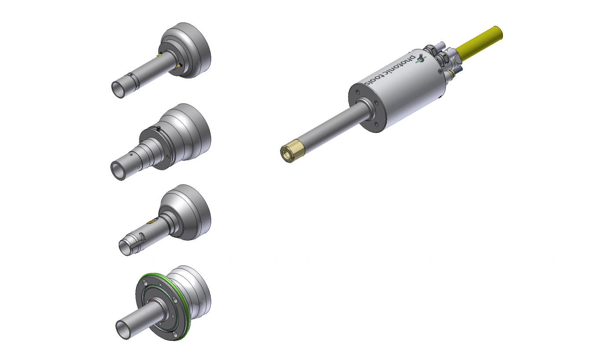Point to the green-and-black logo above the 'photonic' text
(x=421, y=58)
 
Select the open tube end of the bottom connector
(x=123, y=330)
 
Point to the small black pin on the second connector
(x=158, y=128)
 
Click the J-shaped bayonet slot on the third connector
(x=142, y=237)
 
